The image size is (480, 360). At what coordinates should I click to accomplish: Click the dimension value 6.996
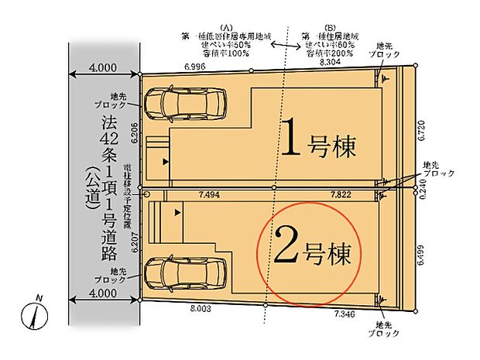(x=195, y=68)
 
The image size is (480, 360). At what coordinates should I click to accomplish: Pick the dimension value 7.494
(x=213, y=196)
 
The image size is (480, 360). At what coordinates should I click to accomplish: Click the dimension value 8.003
(x=201, y=308)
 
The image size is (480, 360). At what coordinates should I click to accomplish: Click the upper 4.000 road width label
(x=105, y=68)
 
